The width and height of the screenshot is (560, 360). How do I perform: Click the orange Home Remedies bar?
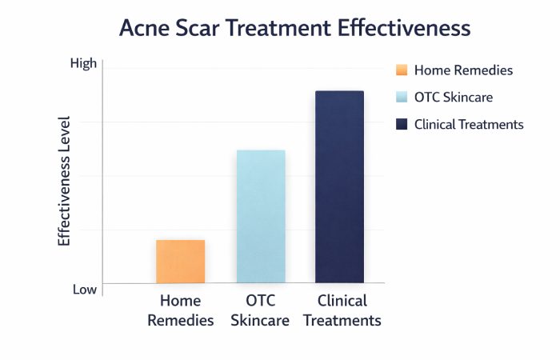(181, 262)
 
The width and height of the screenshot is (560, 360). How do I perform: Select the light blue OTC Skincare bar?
(260, 216)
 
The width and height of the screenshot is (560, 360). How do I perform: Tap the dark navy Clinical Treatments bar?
(339, 187)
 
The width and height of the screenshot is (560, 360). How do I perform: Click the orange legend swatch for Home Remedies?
(402, 70)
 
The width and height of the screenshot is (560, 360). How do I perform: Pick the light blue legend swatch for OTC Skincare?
(402, 98)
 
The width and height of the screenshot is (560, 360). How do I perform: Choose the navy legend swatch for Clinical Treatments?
(402, 124)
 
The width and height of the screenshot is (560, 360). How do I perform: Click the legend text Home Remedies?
(463, 70)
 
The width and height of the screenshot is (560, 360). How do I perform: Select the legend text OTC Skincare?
(453, 98)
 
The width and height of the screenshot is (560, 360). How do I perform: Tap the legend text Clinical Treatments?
(469, 124)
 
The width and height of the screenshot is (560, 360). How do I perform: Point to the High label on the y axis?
(82, 63)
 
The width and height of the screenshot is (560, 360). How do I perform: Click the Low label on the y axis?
(84, 290)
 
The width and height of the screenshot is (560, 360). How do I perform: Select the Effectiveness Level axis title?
(65, 181)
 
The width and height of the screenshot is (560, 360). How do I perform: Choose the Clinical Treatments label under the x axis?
(342, 311)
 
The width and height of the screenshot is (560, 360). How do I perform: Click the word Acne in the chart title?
(146, 29)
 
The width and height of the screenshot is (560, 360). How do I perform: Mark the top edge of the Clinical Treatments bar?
(339, 91)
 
